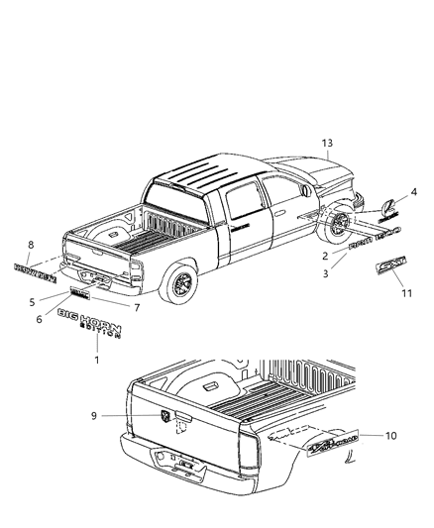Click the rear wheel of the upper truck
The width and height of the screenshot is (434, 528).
click(x=182, y=285)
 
